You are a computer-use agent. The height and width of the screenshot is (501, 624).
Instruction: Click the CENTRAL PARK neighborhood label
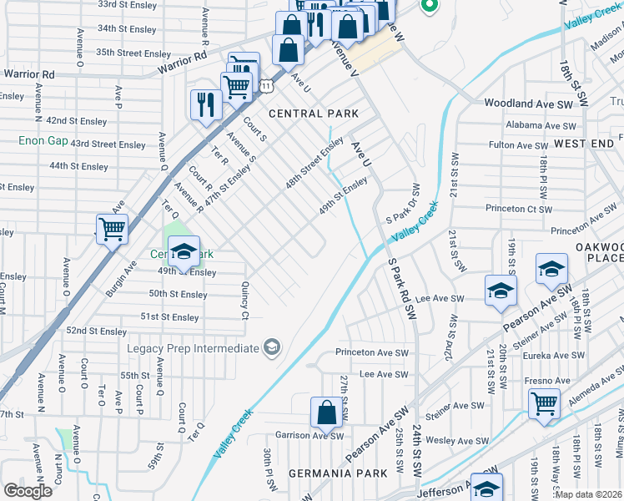click(313, 114)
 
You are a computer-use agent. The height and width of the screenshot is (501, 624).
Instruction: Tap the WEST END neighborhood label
click(583, 144)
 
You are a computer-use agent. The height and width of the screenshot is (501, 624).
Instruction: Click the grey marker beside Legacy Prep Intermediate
click(271, 347)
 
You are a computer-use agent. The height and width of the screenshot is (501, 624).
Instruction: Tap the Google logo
click(28, 491)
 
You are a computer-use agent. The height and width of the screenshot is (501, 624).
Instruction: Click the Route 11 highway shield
click(264, 85)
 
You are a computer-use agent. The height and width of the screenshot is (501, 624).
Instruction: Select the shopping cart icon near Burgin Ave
click(112, 228)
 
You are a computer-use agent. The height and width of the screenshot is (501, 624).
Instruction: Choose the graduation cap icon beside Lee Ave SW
click(501, 291)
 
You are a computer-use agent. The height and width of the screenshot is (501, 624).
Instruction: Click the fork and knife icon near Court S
click(204, 104)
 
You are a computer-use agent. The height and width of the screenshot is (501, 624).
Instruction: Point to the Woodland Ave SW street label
click(530, 104)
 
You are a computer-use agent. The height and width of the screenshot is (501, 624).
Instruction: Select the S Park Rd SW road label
click(402, 288)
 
